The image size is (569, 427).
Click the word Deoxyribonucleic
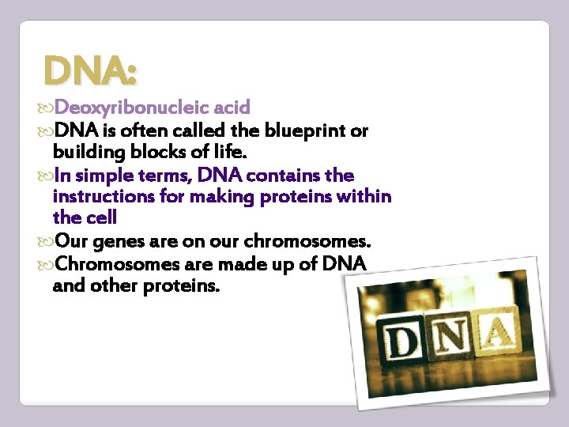[126, 107]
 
